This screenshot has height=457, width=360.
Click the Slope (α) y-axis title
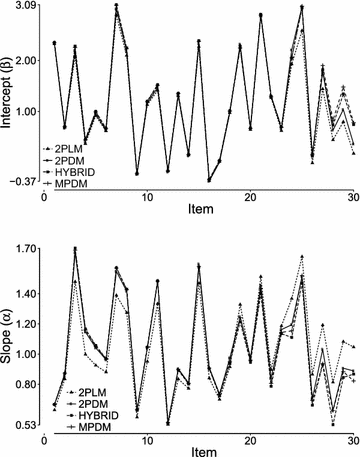pos(7,335)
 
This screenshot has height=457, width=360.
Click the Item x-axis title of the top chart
pos(199,212)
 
